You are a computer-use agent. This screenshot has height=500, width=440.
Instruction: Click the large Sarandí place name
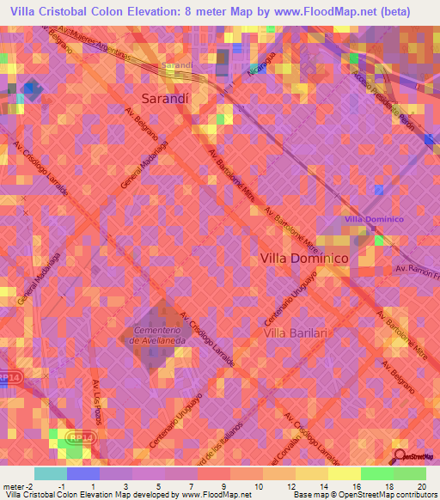tap(164, 98)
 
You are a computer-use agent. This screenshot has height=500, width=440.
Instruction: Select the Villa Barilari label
tap(296, 332)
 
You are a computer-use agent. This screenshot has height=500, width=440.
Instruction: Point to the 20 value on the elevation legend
tap(420, 485)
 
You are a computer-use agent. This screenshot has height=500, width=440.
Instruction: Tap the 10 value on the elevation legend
tap(254, 485)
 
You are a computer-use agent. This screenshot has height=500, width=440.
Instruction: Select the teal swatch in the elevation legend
tap(50, 473)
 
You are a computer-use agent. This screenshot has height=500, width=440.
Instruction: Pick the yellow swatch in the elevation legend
tap(344, 473)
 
